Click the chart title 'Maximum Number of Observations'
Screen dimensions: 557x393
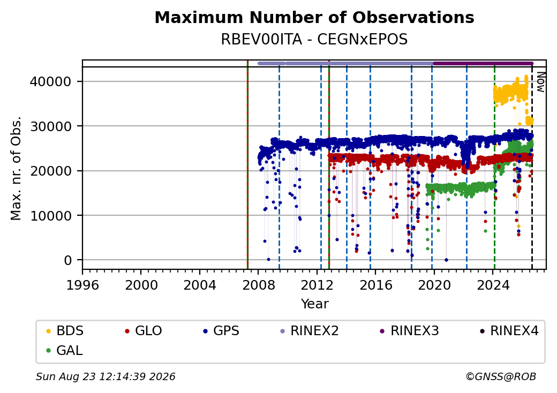[314, 17]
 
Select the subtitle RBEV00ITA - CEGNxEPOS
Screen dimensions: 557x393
[314, 40]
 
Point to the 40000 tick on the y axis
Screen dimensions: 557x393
[50, 82]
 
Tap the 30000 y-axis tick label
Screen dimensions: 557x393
[50, 126]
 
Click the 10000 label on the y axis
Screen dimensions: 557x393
[50, 215]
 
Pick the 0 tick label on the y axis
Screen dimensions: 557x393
[68, 260]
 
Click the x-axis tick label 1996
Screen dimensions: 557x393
[82, 285]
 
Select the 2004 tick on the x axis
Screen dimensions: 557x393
[200, 285]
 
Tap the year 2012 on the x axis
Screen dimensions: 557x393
[317, 285]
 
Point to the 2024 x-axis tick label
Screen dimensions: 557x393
[493, 285]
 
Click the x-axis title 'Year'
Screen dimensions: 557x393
[315, 304]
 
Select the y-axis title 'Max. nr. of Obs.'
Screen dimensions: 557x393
[16, 168]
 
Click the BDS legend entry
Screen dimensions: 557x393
[65, 331]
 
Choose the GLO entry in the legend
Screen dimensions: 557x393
[144, 331]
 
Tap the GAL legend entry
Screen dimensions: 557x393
[65, 350]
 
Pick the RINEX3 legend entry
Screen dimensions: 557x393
[410, 331]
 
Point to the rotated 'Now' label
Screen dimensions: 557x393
[540, 82]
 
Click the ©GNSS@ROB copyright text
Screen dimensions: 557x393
[501, 376]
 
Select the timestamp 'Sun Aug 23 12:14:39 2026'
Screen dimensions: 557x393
[106, 376]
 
